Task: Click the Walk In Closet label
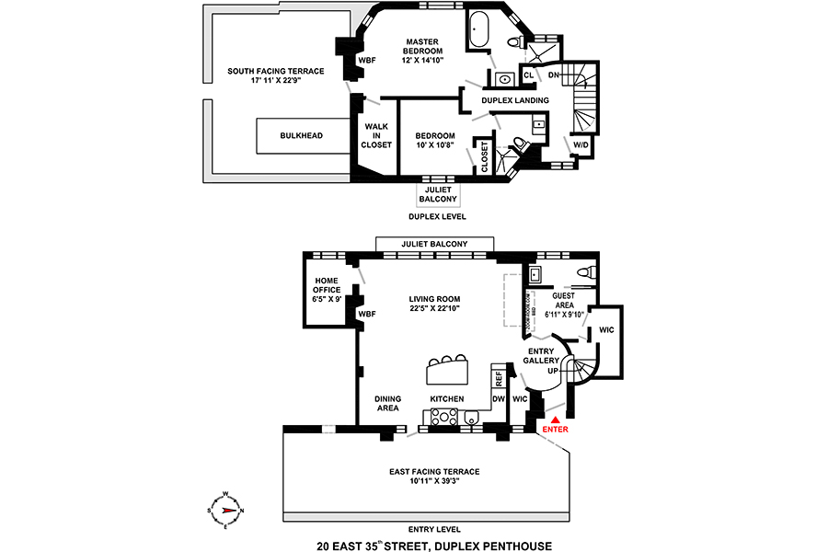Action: tap(377, 135)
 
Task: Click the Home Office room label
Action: tap(328, 290)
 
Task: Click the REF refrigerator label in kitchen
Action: tap(499, 377)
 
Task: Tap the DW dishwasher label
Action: tap(498, 398)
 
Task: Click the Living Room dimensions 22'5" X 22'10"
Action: tap(434, 309)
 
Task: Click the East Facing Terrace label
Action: tap(434, 472)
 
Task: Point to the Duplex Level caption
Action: tap(436, 216)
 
